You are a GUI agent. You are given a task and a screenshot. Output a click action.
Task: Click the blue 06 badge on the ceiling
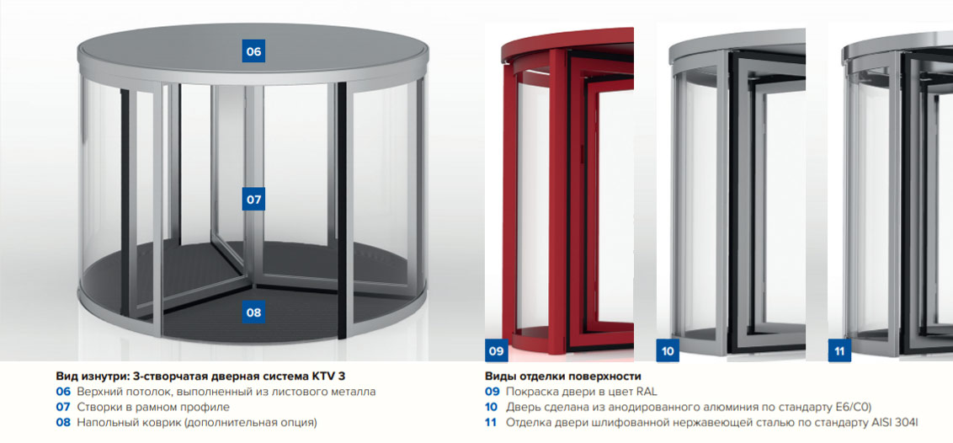pos(253,51)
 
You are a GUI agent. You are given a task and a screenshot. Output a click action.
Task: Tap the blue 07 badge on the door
pos(253,199)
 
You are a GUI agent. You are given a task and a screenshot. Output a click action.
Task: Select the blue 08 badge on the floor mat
pos(253,312)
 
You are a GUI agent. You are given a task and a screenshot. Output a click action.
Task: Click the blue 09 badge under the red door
pos(497,350)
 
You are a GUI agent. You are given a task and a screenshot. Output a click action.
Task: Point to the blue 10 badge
pos(668,350)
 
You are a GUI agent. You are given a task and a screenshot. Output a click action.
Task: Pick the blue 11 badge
pos(839,350)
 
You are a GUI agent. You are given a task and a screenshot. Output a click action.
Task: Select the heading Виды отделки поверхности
pos(563,376)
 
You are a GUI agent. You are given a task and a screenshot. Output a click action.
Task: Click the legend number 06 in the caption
pos(64,392)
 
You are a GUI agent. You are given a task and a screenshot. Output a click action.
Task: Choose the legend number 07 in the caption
pos(64,407)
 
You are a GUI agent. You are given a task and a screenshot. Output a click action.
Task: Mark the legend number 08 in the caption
pos(64,422)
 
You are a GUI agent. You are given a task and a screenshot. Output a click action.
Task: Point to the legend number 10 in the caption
pos(492,407)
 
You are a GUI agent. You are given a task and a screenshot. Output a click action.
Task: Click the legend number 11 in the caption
pos(491,422)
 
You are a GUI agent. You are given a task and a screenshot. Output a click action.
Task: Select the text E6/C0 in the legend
pos(851,407)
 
